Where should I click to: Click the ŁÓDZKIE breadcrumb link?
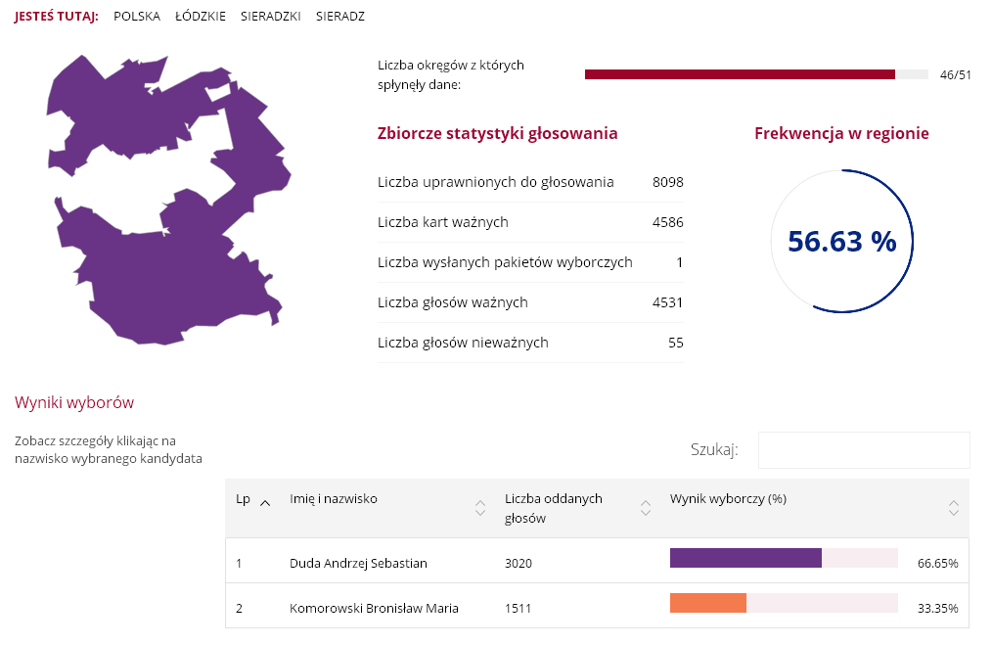coord(200,17)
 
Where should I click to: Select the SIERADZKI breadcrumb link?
coord(270,17)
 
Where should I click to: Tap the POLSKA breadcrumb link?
coord(137,17)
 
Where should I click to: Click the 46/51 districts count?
coord(955,75)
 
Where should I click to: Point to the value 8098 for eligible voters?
coord(667,182)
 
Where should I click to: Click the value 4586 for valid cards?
coord(667,222)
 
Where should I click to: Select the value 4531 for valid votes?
coord(667,302)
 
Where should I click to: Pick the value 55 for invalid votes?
coord(675,343)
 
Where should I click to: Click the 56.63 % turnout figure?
coord(841,242)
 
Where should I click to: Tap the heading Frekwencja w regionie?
coord(841,134)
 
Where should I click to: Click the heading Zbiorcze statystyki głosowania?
coord(497,134)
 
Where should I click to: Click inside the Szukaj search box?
coord(863,450)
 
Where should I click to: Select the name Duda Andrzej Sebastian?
coord(358,563)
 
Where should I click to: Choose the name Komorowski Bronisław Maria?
coord(374,608)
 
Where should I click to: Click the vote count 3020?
coord(519,563)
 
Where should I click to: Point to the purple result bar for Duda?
coord(745,558)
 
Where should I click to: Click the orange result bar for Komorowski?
coord(707,603)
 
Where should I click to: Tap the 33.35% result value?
coord(937,609)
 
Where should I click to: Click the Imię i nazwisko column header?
coord(334,499)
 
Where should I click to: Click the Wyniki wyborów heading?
coord(74,402)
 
